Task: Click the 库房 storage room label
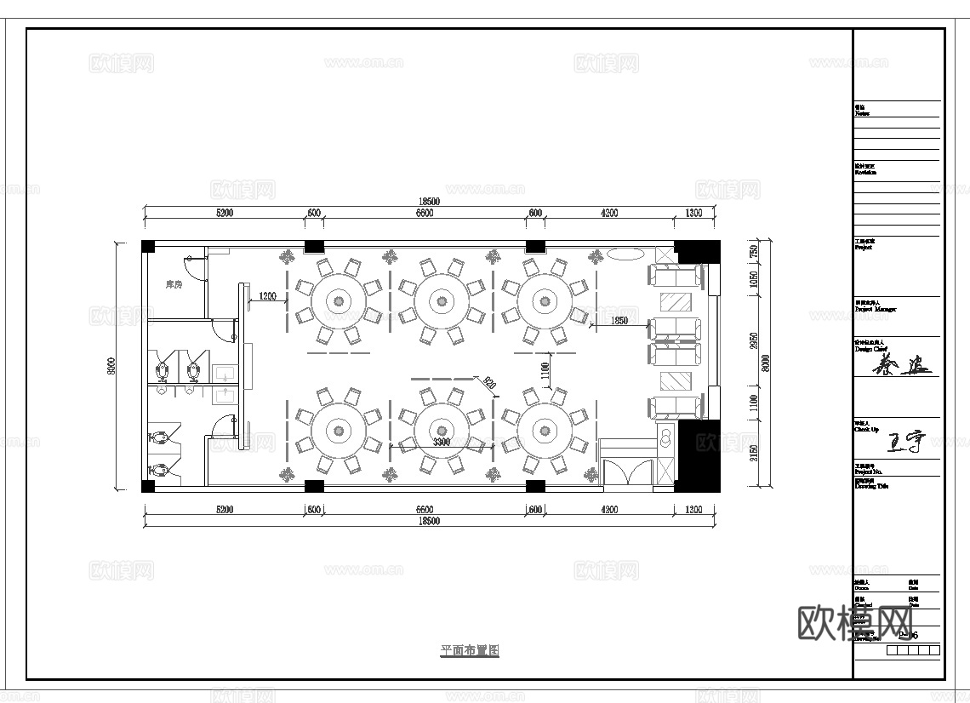[173, 284]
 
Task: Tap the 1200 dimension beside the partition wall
[267, 296]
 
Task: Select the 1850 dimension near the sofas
[619, 320]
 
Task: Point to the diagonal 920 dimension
[488, 384]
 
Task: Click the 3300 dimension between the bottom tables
[441, 443]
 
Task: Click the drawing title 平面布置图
[469, 650]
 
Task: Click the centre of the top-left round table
[339, 300]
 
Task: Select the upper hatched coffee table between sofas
[678, 302]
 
